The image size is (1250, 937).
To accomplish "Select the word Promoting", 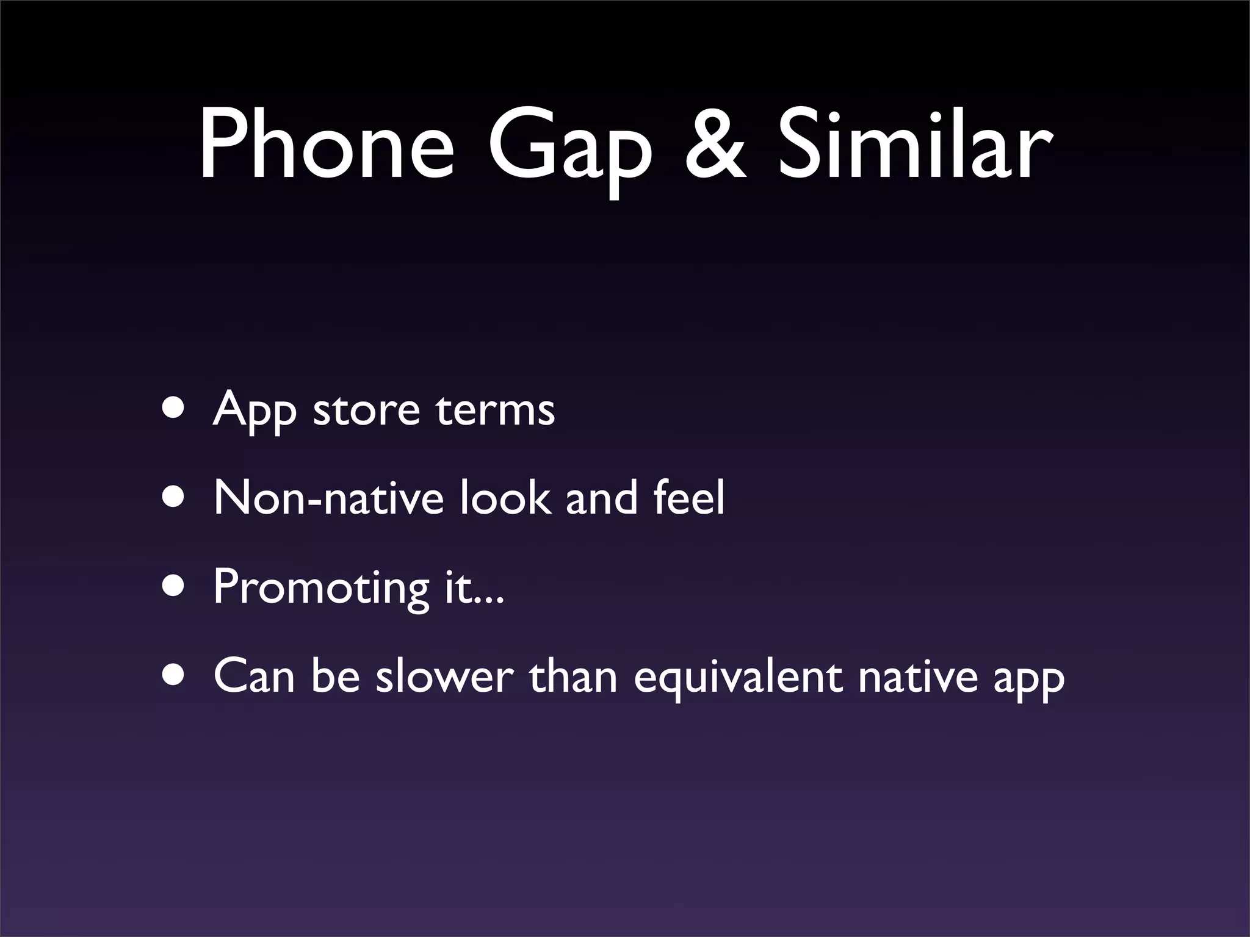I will (321, 589).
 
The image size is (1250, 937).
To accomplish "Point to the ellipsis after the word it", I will (491, 600).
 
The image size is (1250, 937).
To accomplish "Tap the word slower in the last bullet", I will (444, 677).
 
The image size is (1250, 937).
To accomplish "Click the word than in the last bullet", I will (573, 677).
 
